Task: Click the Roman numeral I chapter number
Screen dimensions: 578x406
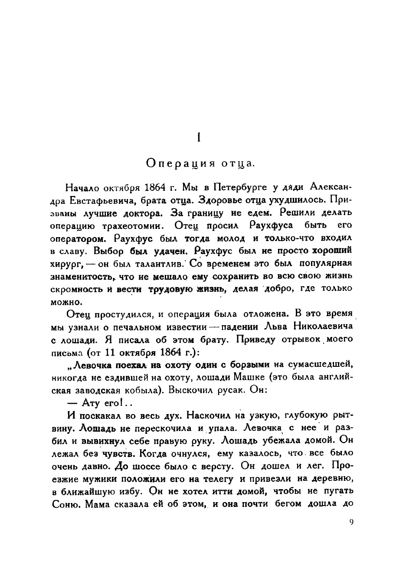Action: (x=198, y=137)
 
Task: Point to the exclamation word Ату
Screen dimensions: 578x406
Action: (x=92, y=403)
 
